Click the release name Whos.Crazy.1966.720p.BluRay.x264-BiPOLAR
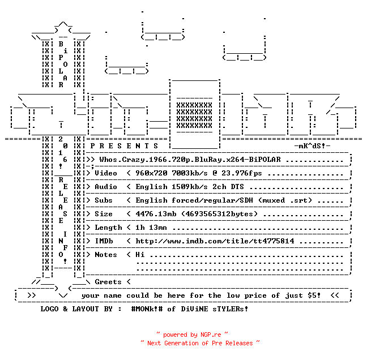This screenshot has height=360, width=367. pos(190,160)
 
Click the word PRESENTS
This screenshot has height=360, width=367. pos(124,146)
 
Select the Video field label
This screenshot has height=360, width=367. pos(106,173)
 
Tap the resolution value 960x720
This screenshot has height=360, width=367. pos(151,173)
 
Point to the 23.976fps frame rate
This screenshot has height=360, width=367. pos(241,173)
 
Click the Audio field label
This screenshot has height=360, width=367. pos(106,187)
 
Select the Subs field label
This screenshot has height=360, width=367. pos(104,200)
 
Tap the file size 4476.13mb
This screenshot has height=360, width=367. pos(156,214)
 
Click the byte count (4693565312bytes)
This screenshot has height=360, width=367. pos(219,214)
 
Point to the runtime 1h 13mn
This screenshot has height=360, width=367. pos(151,228)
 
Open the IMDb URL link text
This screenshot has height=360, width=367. pos(215,241)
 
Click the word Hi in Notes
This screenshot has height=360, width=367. pos(140,255)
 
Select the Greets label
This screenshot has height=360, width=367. pos(108,282)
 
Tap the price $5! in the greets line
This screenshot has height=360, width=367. pos(314,295)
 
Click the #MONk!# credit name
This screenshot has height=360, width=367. pos(147,309)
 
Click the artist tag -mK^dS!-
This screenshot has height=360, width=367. pos(312,146)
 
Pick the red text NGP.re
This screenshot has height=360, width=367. pos(211,335)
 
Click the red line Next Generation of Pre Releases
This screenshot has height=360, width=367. pos(200,343)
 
